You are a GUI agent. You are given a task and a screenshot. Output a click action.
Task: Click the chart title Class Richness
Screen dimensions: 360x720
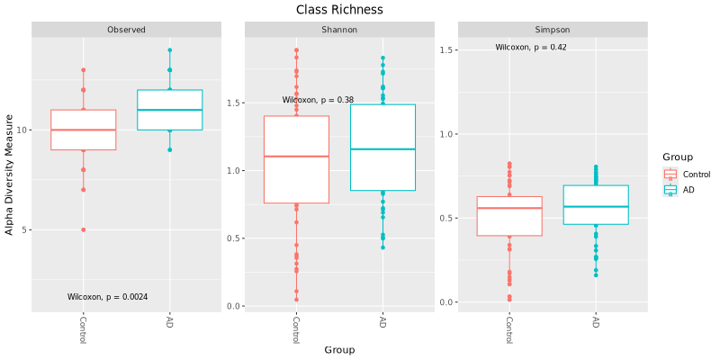tap(339, 10)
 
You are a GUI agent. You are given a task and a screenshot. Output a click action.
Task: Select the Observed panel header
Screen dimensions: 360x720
tap(126, 30)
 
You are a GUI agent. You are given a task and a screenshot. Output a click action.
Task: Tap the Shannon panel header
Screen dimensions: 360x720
tap(339, 30)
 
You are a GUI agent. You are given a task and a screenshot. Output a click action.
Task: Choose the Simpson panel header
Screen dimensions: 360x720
tap(552, 30)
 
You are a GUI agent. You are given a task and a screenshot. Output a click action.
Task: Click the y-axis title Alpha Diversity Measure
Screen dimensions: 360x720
tap(10, 175)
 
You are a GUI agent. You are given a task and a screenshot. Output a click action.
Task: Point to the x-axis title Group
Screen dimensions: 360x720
tap(339, 350)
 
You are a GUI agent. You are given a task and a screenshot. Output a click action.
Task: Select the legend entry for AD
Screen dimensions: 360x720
tap(688, 190)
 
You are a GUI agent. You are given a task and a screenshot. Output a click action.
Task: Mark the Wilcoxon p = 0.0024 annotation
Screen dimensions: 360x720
tap(108, 297)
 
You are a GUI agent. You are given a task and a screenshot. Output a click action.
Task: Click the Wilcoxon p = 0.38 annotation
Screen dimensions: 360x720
tap(318, 100)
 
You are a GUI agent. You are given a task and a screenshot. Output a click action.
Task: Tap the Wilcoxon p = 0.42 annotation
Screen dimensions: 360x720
tap(531, 48)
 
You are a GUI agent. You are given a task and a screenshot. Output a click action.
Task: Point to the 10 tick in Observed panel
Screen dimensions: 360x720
tap(24, 130)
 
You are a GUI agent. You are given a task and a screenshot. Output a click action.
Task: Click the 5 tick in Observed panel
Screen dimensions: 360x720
tap(27, 229)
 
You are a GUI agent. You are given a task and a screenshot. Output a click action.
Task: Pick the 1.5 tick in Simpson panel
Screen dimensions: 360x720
tap(445, 50)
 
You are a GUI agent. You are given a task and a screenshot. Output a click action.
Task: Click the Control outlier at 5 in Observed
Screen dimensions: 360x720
tap(83, 229)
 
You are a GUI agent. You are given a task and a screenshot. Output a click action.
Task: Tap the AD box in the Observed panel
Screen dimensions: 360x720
tap(170, 110)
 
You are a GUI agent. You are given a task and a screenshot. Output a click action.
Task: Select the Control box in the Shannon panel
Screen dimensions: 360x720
tap(296, 160)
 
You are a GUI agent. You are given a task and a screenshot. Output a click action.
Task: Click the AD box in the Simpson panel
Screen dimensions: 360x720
tap(596, 204)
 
